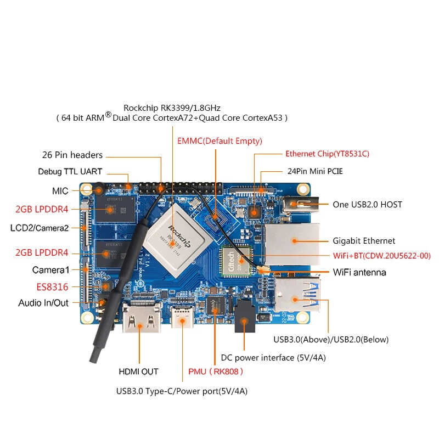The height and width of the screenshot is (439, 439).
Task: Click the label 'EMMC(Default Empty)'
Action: (219, 141)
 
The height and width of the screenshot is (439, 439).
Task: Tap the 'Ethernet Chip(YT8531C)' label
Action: (327, 154)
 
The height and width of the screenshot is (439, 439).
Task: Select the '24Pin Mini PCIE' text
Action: (315, 171)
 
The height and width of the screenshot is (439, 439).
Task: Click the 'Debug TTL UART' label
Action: (70, 171)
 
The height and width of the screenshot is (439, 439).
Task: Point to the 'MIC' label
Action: (60, 191)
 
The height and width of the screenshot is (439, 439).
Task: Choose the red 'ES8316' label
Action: (52, 287)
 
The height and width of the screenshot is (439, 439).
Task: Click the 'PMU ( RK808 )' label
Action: (215, 372)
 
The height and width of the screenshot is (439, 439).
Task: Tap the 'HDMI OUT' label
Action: (139, 372)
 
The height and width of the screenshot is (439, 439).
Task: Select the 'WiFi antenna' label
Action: (359, 272)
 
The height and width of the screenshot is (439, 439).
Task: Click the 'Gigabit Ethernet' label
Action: (364, 241)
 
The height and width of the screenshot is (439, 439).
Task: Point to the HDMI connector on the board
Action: (142, 317)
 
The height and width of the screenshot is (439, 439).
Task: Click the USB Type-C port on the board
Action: (182, 317)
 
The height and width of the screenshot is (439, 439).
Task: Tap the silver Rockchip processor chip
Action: (176, 240)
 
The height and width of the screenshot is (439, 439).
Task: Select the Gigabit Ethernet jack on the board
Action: (292, 244)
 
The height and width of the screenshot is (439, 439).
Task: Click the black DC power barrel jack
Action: (244, 317)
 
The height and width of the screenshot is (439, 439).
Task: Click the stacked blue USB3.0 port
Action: (297, 295)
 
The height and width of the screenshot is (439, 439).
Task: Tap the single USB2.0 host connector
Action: (301, 205)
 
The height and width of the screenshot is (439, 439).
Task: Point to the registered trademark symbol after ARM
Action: (108, 114)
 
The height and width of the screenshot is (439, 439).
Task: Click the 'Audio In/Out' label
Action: (43, 303)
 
